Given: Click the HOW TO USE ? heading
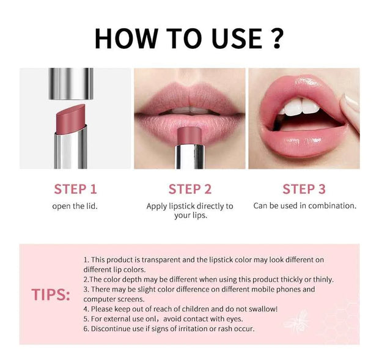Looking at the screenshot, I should pos(189,38).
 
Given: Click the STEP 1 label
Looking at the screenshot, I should pos(75,189).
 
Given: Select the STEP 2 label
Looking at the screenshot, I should pos(189,189).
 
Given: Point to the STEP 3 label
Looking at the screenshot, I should pos(304,189).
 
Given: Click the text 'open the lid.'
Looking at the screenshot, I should pos(75,206).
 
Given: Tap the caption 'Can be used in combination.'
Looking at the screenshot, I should pos(304,206).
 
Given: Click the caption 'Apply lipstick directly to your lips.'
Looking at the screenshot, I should pos(189,211).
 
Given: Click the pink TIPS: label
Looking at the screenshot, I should pos(51,295).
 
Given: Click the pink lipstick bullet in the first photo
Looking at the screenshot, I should pos(71,116).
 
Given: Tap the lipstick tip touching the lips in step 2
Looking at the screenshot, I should pos(189,133).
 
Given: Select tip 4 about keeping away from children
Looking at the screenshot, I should pos(180,309).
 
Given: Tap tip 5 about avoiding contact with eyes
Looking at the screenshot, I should pos(163,319).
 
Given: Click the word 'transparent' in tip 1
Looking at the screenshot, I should pos(160,259).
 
